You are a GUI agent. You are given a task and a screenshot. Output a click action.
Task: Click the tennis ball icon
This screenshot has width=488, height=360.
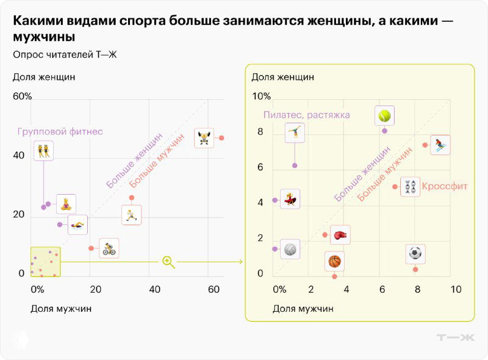click(x=384, y=115)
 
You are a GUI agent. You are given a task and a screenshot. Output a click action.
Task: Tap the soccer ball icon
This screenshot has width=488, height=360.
click(x=415, y=253)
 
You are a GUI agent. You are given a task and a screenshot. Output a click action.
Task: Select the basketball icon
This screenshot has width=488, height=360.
click(x=334, y=261)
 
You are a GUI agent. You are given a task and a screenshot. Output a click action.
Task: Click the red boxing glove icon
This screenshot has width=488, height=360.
click(x=340, y=235)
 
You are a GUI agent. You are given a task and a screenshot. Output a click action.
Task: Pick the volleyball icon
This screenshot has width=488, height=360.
click(x=290, y=249)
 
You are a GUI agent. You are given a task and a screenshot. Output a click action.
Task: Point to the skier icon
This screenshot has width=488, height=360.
click(x=440, y=145)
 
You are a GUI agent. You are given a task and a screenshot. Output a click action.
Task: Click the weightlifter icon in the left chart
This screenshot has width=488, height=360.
click(x=204, y=138)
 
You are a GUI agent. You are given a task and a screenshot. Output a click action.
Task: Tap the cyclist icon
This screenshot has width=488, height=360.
click(x=109, y=248)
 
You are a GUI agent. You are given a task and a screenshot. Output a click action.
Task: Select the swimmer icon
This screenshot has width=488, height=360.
click(x=77, y=225)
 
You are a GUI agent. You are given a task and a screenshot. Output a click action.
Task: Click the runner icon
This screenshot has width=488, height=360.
click(x=131, y=215)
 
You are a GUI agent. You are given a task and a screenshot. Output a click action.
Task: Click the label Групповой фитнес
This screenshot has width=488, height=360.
click(x=60, y=131)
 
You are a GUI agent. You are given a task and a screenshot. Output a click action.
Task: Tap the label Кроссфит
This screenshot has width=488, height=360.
click(x=445, y=185)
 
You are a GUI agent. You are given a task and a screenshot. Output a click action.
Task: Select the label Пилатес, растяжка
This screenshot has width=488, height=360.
click(x=306, y=115)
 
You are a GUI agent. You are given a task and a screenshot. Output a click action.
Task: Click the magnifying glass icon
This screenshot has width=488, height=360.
click(x=168, y=262)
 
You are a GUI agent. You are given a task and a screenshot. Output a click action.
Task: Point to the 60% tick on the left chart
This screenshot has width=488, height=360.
click(x=22, y=96)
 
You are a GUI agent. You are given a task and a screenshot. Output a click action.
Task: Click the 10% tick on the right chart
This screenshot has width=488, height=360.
click(x=261, y=96)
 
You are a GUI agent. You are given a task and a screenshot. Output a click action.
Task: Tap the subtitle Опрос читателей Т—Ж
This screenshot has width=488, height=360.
click(x=64, y=55)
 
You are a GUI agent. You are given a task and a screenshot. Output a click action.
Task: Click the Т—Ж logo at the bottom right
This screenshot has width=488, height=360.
click(x=455, y=337)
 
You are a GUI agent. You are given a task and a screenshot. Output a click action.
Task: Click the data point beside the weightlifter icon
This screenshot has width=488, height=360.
click(x=221, y=138)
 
